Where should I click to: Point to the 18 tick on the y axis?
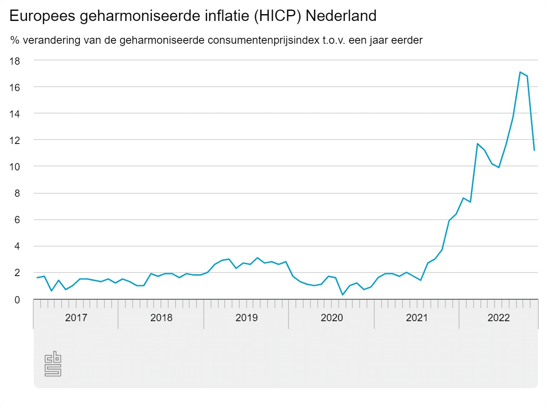pyautogui.click(x=16, y=60)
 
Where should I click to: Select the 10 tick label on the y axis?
pyautogui.click(x=16, y=166)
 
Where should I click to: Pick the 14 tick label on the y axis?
pyautogui.click(x=16, y=113)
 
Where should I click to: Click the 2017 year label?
pyautogui.click(x=76, y=318)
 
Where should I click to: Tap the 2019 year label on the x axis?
pyautogui.click(x=246, y=318)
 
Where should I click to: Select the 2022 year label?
pyautogui.click(x=499, y=318)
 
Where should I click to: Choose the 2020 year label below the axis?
pyautogui.click(x=331, y=318)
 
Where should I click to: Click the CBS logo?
pyautogui.click(x=53, y=364)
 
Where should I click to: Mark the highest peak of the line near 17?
pyautogui.click(x=520, y=72)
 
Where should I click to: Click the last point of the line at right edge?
pyautogui.click(x=534, y=150)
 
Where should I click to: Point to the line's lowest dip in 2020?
pyautogui.click(x=343, y=295)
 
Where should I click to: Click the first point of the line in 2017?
pyautogui.click(x=37, y=277)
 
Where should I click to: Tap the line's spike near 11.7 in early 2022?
pyautogui.click(x=477, y=143)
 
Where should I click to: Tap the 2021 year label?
pyautogui.click(x=417, y=318)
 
